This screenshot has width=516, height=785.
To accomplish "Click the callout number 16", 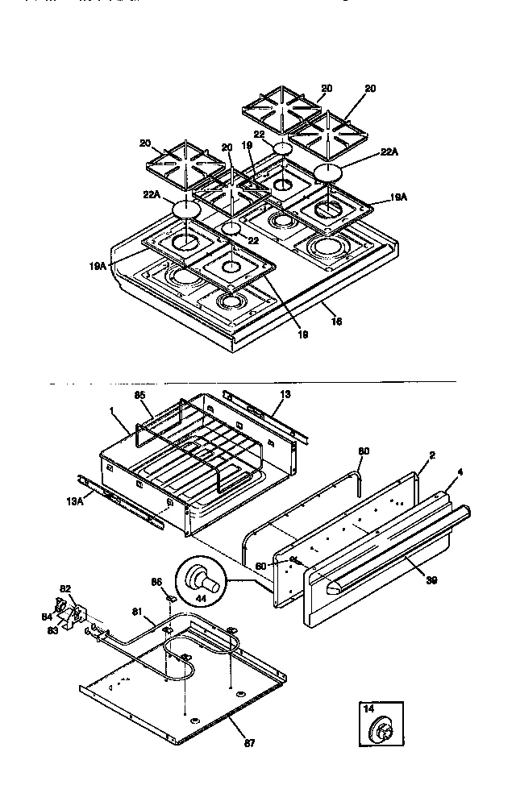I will [x=337, y=321].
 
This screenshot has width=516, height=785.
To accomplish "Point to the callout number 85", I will [x=139, y=396].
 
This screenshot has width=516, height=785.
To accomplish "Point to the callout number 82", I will [x=66, y=589].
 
